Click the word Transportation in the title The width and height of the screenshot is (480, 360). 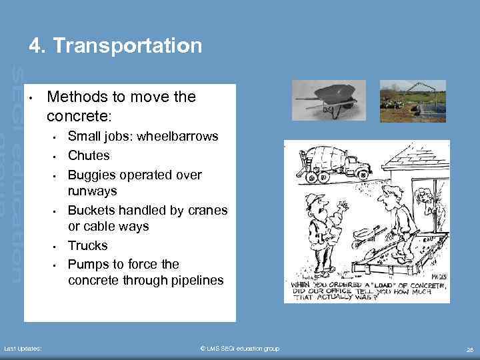click(127, 46)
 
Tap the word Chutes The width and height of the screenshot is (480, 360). click(89, 155)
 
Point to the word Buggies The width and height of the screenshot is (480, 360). click(91, 175)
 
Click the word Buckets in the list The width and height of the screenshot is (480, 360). click(91, 210)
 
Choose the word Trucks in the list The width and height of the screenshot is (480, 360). click(87, 245)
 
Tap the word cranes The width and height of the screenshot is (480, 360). click(208, 210)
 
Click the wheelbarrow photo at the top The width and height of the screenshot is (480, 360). click(328, 100)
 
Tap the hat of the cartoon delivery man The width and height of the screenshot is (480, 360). click(313, 199)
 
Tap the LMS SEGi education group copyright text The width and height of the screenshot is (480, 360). click(239, 349)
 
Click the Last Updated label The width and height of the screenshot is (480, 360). click(23, 349)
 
